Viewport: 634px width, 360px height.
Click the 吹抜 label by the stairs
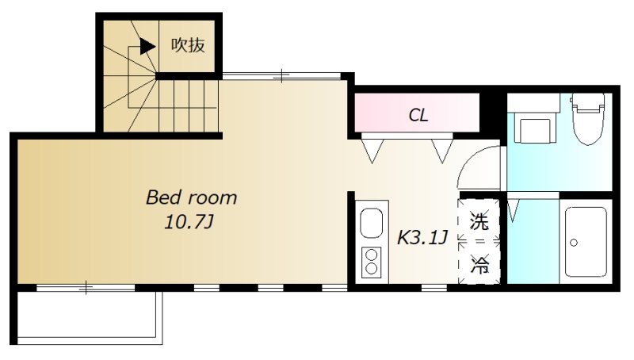pos(188,45)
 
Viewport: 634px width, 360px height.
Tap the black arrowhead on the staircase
pos(147,47)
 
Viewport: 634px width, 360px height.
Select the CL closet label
pos(418,115)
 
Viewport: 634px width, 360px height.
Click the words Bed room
pos(191,197)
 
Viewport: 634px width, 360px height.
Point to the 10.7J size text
pos(189,222)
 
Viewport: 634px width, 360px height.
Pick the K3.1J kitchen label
pos(422,237)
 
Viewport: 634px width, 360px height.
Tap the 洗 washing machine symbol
pos(479,221)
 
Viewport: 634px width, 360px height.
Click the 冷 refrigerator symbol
pos(479,265)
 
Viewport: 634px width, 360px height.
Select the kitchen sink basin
pos(371,224)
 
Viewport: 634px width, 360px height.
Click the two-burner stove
pos(371,262)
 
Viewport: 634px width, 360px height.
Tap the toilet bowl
pos(587,119)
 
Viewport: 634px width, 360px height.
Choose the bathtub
pos(586,242)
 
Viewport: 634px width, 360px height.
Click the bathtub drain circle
pos(573,243)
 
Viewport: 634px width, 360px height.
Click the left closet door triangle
pos(372,151)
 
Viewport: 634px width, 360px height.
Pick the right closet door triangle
pos(442,151)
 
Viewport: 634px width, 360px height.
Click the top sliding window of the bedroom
pos(282,75)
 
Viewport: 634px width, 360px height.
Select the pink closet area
pos(417,113)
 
